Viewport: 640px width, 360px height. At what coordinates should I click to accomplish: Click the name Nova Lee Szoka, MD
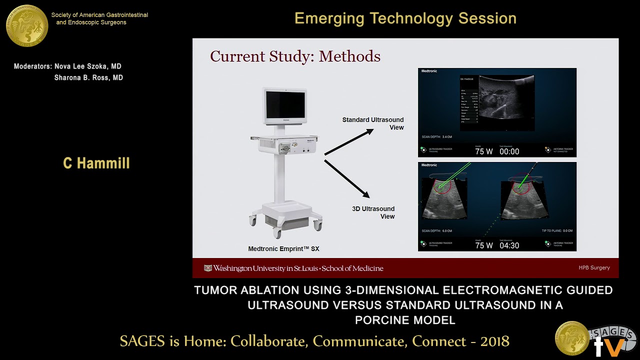click(88, 66)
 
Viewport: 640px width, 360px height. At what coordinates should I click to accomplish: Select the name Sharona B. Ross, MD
click(88, 77)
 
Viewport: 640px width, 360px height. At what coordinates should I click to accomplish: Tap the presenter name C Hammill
click(96, 163)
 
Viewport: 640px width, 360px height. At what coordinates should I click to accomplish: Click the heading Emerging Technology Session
click(405, 18)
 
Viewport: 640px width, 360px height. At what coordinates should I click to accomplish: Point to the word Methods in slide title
click(349, 56)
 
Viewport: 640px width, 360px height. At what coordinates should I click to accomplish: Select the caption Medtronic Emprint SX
click(283, 248)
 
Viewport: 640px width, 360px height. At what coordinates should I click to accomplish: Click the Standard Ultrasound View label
click(373, 123)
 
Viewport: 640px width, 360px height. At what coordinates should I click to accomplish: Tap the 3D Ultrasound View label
click(373, 212)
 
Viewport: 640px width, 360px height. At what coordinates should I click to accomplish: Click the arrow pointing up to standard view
click(349, 141)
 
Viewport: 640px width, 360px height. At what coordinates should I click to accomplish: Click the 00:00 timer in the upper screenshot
click(509, 151)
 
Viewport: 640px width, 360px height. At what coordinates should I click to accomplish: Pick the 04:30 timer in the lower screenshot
click(509, 245)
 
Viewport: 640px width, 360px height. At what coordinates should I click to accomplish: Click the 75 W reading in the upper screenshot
click(484, 151)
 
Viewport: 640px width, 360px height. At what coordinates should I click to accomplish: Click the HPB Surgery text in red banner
click(594, 268)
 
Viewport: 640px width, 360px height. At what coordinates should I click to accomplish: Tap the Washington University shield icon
click(208, 268)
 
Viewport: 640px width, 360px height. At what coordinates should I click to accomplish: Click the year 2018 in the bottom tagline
click(495, 341)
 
